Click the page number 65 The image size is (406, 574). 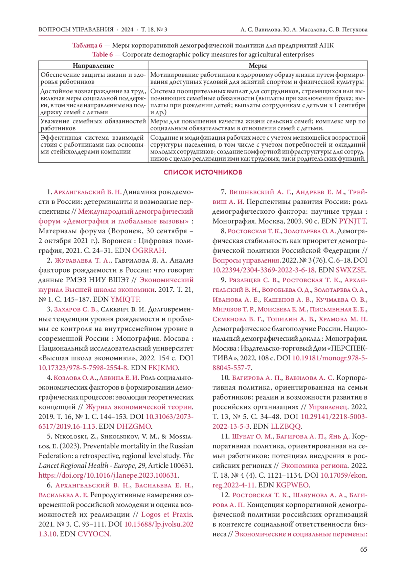(x=363, y=549)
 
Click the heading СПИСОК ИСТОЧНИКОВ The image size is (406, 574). (x=203, y=172)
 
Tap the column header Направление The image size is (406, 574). (x=93, y=66)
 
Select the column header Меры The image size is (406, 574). (x=257, y=66)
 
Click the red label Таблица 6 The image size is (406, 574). (x=87, y=45)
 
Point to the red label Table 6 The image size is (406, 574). (x=103, y=54)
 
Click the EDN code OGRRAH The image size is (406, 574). (x=148, y=250)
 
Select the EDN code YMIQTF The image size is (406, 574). (x=125, y=299)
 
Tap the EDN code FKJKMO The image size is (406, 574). (x=163, y=368)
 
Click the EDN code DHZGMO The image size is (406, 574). (x=134, y=426)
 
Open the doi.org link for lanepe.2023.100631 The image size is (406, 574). (x=108, y=475)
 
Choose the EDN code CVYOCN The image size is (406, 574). (x=94, y=534)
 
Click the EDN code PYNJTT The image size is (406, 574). (x=352, y=221)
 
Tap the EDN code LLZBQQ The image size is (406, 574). (x=286, y=426)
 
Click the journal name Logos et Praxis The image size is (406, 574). (x=167, y=515)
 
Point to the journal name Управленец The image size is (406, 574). (x=328, y=407)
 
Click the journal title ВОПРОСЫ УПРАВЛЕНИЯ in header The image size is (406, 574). (x=76, y=29)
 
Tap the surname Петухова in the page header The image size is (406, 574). (x=355, y=29)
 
